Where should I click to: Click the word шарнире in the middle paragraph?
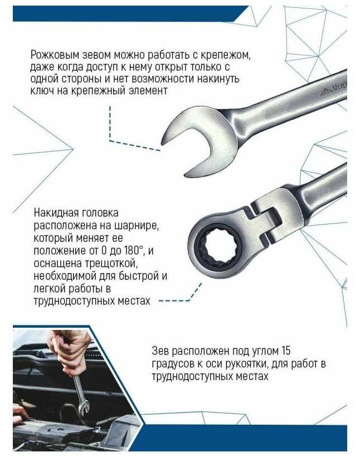[x=136, y=226]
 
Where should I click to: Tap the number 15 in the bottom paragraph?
[x=286, y=351]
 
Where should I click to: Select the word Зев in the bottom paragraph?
[x=160, y=351]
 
